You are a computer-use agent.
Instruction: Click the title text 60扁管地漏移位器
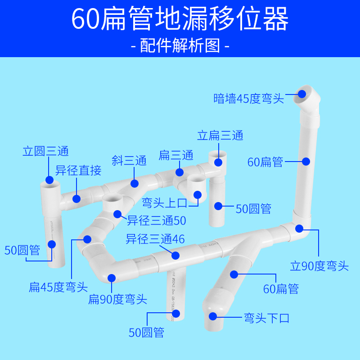(180, 19)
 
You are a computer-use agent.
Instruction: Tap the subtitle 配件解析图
(180, 45)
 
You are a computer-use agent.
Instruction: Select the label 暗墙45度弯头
(249, 99)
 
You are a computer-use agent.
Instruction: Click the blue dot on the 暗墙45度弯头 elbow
(302, 94)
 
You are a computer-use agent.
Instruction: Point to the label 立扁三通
(220, 135)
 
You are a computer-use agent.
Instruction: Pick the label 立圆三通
(45, 151)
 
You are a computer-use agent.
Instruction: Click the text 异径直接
(78, 171)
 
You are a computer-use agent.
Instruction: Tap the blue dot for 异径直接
(76, 198)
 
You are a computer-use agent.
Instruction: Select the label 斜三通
(129, 161)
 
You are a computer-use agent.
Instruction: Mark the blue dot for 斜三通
(134, 183)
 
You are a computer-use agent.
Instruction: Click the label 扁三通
(176, 156)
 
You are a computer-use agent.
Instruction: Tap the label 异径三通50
(156, 220)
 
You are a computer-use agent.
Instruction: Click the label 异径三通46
(155, 239)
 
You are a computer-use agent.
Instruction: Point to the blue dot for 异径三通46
(175, 256)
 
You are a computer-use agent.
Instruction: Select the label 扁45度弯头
(58, 287)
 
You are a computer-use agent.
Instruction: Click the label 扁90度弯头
(118, 299)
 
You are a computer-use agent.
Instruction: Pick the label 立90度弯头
(319, 266)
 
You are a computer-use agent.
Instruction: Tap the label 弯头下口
(266, 318)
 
